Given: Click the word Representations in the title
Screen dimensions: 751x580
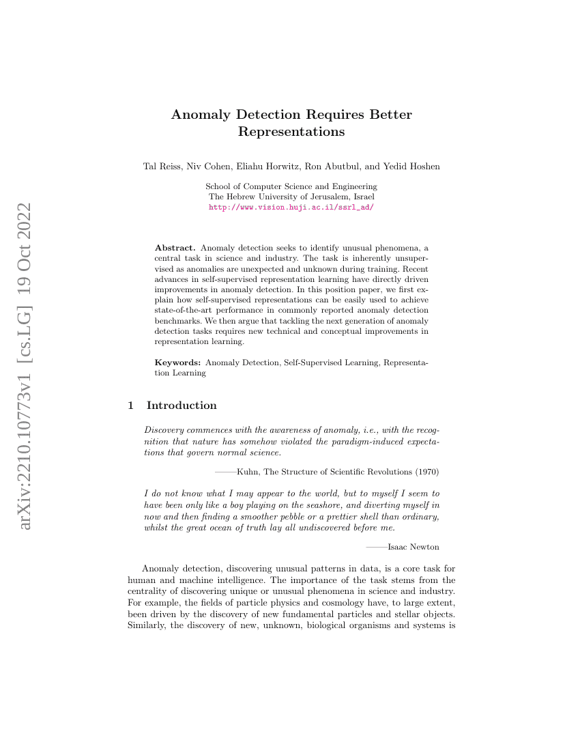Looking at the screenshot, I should (x=291, y=132).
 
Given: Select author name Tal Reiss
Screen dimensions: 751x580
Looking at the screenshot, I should (x=160, y=167).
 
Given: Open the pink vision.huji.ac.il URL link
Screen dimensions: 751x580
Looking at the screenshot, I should (x=291, y=206).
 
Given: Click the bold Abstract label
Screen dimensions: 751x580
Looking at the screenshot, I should (x=175, y=247).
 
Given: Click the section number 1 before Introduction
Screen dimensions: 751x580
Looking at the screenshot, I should (x=131, y=406).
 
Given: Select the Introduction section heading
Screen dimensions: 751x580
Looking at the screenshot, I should (x=182, y=406).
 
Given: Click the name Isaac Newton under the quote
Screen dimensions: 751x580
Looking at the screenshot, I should (x=413, y=547).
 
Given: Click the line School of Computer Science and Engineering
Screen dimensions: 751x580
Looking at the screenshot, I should (x=291, y=186).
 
